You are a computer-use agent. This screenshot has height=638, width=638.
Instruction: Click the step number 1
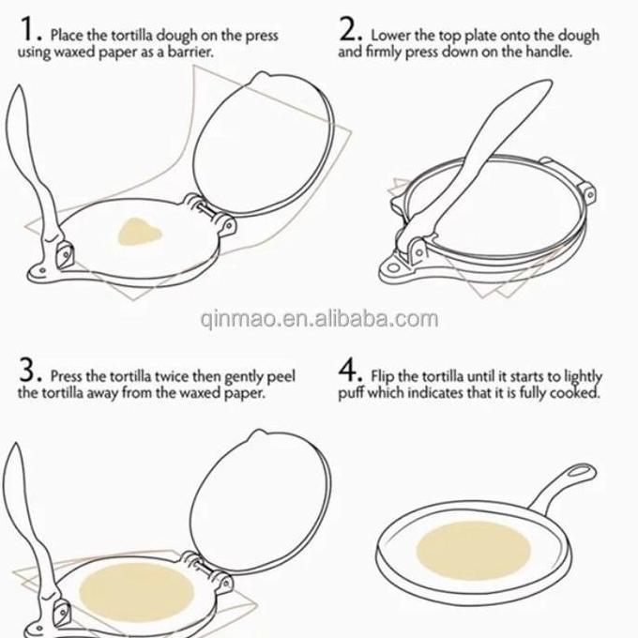click(27, 29)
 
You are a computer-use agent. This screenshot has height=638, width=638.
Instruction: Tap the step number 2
click(348, 29)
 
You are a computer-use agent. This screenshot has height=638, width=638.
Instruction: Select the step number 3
click(28, 370)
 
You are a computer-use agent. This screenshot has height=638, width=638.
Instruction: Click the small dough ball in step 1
click(140, 232)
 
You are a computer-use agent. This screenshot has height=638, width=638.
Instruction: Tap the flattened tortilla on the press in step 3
click(136, 592)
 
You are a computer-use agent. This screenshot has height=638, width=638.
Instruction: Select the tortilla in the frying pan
click(474, 551)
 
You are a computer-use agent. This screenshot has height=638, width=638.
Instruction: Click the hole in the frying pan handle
click(579, 472)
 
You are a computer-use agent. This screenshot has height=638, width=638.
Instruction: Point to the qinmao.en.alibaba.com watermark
click(319, 319)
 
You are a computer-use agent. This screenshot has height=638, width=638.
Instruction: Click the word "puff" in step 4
click(351, 393)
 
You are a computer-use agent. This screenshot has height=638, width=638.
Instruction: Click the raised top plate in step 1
click(263, 144)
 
